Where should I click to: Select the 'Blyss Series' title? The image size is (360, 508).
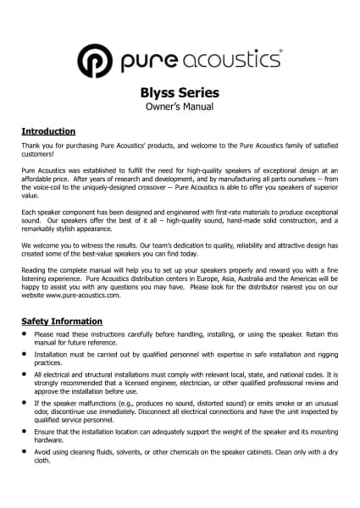[180, 93]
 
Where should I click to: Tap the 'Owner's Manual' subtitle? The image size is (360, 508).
[180, 108]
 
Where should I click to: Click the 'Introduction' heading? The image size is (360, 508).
[48, 132]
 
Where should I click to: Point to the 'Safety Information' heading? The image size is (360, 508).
[62, 322]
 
